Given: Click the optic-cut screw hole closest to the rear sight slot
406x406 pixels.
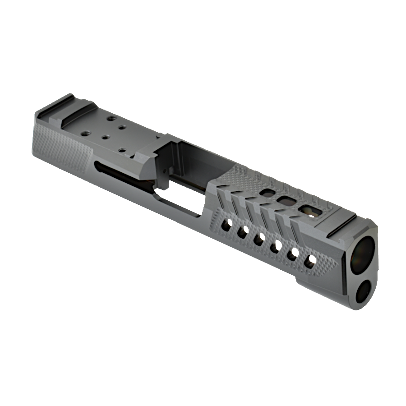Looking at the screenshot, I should pos(111,119).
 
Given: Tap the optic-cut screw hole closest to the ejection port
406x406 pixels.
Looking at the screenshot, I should pos(122,150).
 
